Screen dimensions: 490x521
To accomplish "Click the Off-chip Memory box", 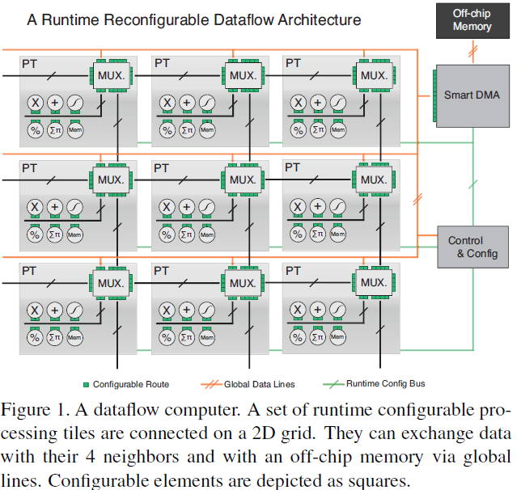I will coord(472,20).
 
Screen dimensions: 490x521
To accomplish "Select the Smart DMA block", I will coord(471,95).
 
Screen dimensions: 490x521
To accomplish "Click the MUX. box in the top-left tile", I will coord(109,75).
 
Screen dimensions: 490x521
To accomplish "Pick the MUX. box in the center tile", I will coord(241,179).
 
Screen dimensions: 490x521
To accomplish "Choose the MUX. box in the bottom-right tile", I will coord(373,283).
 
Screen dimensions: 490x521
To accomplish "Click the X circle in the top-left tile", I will coord(35,103).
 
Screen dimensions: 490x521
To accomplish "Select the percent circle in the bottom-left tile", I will coord(35,336).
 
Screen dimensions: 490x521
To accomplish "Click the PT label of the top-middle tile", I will coord(162,61).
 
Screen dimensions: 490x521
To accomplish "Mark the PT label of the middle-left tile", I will coord(29,167).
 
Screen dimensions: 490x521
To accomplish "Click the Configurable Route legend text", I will coord(130,383).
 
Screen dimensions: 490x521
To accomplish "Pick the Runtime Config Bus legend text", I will coord(385,383).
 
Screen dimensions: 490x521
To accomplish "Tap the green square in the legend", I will coord(86,384).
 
